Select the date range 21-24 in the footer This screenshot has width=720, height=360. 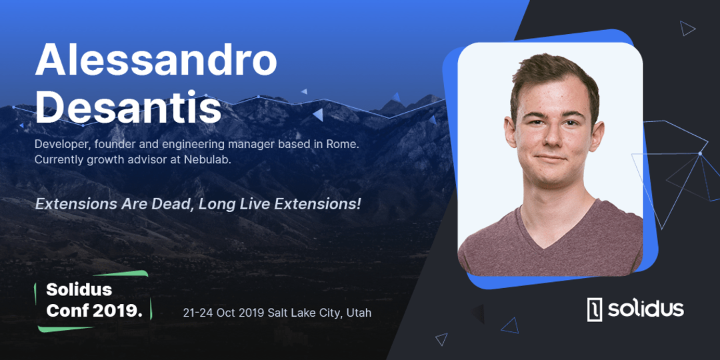198,313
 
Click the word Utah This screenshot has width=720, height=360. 358,313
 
